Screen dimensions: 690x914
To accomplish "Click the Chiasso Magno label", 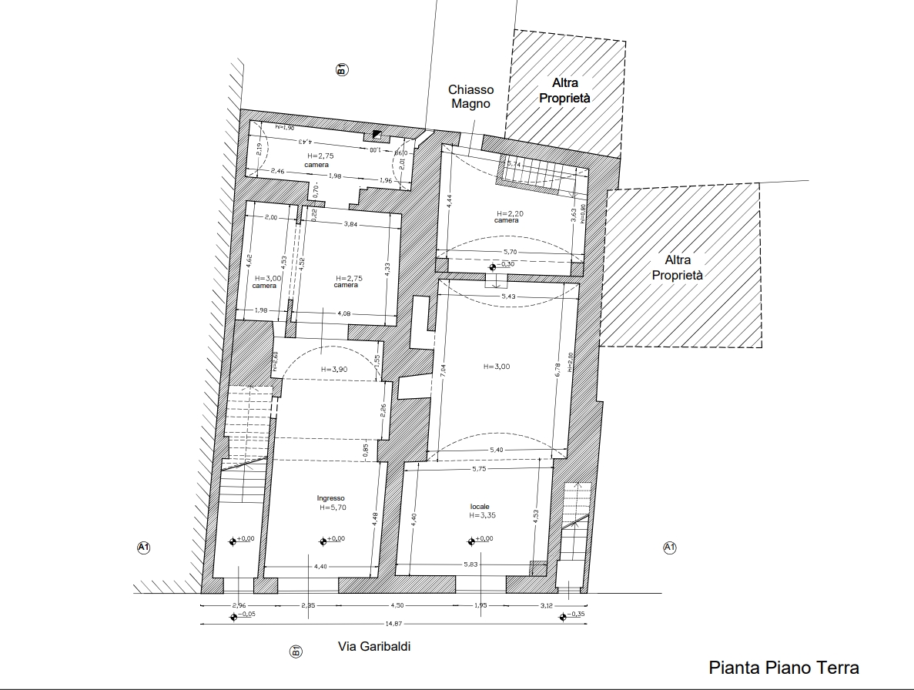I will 470,97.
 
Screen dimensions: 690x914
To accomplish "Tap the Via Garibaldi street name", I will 374,647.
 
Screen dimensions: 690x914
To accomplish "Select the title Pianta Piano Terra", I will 783,668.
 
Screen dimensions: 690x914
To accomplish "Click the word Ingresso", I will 330,498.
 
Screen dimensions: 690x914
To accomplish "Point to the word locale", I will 480,507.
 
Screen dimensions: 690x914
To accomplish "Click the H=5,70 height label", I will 333,508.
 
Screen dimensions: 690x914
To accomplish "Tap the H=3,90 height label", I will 335,370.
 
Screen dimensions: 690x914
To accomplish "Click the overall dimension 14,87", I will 393,624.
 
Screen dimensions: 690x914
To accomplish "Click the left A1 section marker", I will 143,548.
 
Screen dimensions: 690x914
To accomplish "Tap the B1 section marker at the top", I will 342,69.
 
